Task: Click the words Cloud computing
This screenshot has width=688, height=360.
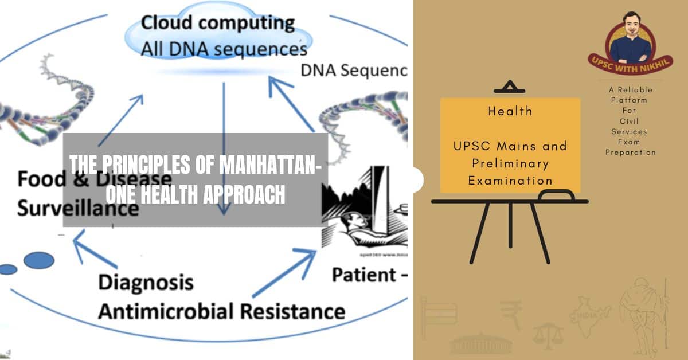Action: (217, 24)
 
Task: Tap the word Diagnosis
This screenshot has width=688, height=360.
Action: (146, 283)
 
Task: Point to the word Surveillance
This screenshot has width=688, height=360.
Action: (78, 208)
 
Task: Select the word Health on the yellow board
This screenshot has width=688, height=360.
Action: (510, 111)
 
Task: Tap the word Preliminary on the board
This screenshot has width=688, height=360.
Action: (510, 163)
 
